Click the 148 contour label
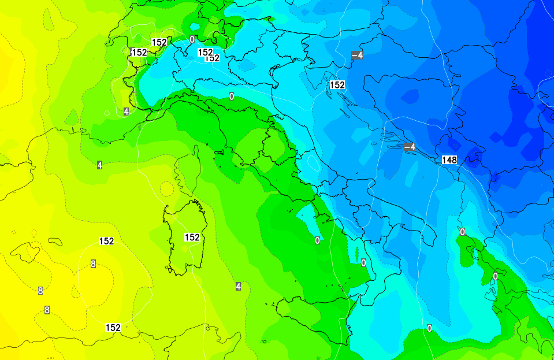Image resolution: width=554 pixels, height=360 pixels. tap(449, 159)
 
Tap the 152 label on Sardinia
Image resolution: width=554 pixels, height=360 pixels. tap(192, 237)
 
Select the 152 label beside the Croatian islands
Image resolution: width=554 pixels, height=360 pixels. tap(337, 85)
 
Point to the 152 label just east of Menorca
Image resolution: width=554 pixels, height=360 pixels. tap(106, 241)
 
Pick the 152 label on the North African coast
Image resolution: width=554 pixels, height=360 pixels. tap(113, 328)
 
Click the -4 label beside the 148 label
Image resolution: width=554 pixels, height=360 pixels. tap(410, 147)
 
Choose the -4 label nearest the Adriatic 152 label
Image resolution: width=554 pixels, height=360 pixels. tap(357, 55)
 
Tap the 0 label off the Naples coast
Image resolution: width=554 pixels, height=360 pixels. tap(317, 240)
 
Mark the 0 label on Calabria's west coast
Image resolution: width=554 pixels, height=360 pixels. tap(363, 263)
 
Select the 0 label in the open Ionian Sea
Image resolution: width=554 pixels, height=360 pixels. tap(429, 328)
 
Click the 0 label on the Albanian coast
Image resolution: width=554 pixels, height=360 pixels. tap(462, 232)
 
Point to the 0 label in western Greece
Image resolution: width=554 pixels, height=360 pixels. tap(495, 276)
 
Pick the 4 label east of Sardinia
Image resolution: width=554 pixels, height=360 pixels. tap(238, 286)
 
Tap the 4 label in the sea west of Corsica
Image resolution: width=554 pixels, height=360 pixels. tap(100, 165)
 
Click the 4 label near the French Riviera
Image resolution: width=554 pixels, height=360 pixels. tap(126, 111)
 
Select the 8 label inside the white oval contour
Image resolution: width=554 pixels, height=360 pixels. tap(93, 264)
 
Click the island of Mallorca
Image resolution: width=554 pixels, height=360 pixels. tap(25, 252)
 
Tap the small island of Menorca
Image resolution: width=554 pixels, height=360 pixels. tap(55, 240)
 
